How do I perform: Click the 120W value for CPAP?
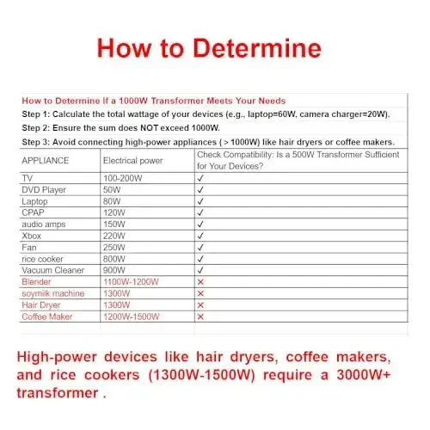tap(114, 211)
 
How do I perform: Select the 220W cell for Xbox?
tap(114, 234)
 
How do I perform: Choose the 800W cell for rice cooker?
tap(114, 258)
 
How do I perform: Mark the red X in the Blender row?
tap(200, 281)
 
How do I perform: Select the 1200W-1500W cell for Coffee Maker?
tap(131, 316)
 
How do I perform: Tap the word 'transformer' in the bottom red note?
tap(56, 392)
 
